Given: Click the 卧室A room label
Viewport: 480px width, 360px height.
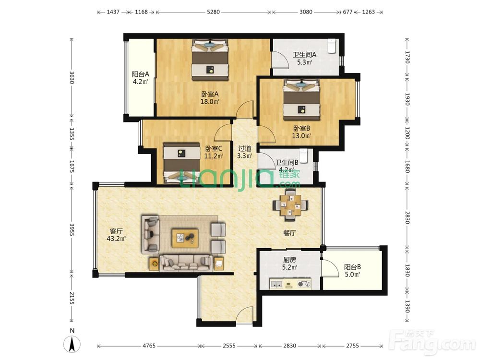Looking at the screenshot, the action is coord(210,94).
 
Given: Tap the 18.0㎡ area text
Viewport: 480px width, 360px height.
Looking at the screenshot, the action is coord(210,102).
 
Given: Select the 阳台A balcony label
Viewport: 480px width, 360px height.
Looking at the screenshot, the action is coord(141,74).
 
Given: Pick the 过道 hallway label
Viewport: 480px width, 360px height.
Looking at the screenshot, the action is coord(245,148).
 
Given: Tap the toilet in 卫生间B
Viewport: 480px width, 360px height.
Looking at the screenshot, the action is coord(303,156).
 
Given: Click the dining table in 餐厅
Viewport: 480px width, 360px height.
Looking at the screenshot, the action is coord(290,205).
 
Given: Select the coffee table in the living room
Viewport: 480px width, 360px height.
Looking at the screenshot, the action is coord(185,238).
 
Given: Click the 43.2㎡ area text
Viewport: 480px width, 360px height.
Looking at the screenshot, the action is coord(116,239).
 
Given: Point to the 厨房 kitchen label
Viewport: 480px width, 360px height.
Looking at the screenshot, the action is coord(289,260).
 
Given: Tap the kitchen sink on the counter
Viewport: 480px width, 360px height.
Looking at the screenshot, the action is coord(276,284).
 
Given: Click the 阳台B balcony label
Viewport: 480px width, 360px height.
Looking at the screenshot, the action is coord(352,267).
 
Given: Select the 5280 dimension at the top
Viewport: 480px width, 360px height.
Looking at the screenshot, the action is coord(214,12).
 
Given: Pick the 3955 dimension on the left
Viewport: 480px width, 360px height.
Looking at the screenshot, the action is coord(72,229).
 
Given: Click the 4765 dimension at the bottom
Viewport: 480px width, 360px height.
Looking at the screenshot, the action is coord(149,346).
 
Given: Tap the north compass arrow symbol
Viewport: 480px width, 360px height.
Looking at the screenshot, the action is coord(72,344).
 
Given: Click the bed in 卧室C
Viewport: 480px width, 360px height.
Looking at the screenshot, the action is coord(181,163).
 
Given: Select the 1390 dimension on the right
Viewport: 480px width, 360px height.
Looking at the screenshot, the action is coord(407,306).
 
